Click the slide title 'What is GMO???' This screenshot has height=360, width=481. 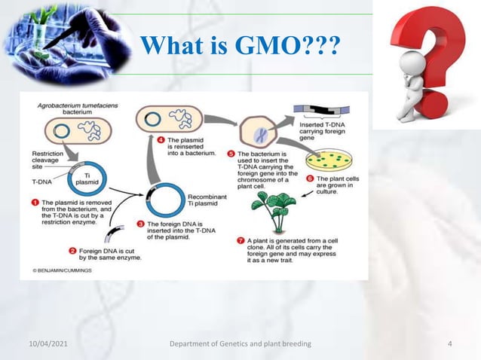[x=240, y=46]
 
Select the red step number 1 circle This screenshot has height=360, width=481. [x=35, y=203]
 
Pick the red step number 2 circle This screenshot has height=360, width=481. [x=73, y=251]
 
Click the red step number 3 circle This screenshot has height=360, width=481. [x=140, y=224]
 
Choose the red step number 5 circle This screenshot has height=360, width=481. [x=231, y=153]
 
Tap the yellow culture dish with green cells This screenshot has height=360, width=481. [x=329, y=159]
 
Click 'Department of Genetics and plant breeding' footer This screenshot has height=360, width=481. [x=240, y=344]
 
